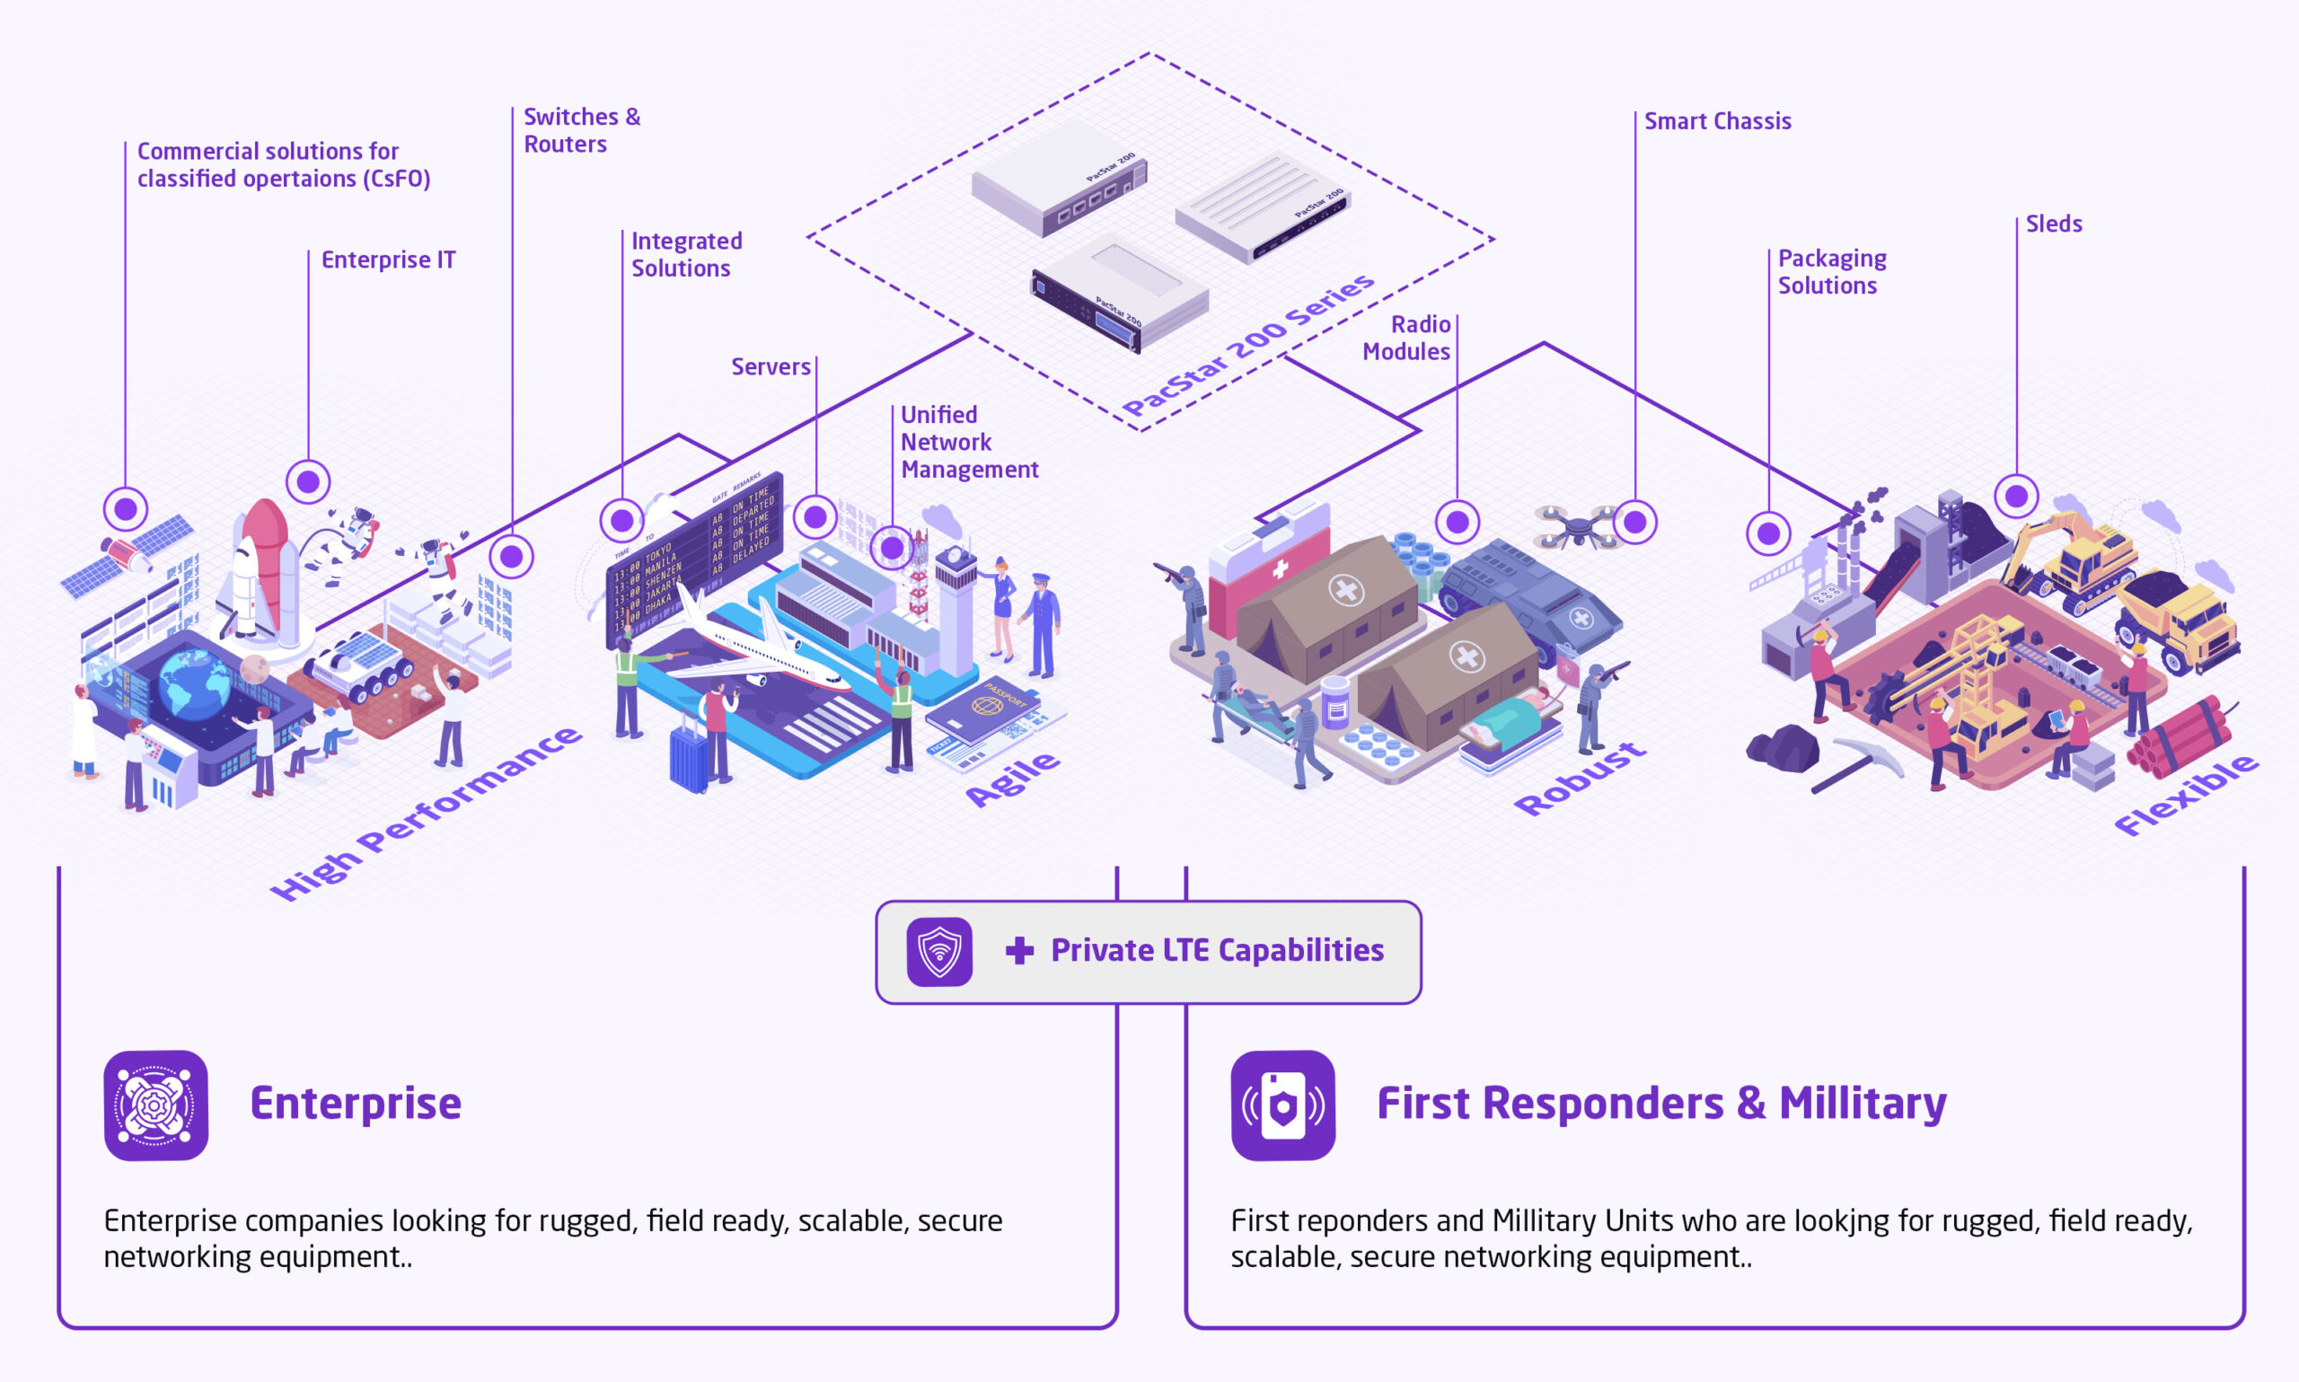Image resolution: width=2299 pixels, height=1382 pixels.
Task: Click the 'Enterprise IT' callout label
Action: [388, 260]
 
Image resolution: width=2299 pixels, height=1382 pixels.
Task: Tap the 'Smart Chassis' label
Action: [1717, 121]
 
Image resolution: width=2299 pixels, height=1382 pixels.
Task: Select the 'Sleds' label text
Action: [2053, 224]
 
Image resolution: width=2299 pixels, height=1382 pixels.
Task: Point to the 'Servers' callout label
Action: [770, 367]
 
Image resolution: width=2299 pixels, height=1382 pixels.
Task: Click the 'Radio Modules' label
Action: [1406, 338]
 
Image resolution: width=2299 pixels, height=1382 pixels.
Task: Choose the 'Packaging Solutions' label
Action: [1830, 272]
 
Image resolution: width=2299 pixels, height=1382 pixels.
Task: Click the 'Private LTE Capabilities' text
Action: [1216, 951]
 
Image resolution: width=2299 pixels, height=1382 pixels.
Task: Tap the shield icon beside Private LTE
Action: [939, 952]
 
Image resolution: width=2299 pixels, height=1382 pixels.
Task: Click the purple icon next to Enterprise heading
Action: [156, 1105]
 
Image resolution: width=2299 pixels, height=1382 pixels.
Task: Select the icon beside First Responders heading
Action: [1282, 1105]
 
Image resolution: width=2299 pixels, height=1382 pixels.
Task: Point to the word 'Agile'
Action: [1012, 779]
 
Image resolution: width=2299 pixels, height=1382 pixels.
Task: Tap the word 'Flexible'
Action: [2186, 796]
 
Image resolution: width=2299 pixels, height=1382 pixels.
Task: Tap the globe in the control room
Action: [194, 684]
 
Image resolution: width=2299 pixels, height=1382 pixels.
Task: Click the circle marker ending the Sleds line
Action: [2016, 496]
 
